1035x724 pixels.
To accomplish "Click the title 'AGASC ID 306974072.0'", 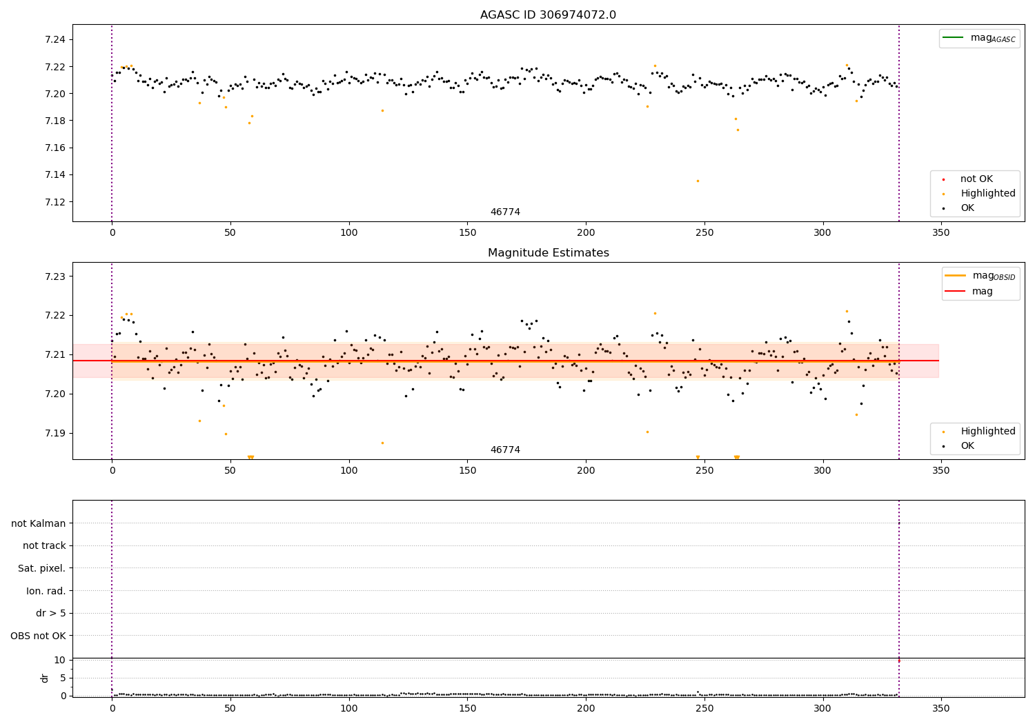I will click(x=548, y=15).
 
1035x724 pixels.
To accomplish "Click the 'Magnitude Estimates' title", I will click(x=548, y=253).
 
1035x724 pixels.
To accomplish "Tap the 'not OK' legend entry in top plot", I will click(x=976, y=179).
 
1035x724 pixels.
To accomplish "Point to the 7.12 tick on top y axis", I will click(x=56, y=202).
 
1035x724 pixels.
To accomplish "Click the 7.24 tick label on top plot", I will click(x=56, y=39).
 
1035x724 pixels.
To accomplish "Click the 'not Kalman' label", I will click(x=39, y=523).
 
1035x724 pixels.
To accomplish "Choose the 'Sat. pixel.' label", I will click(x=41, y=568).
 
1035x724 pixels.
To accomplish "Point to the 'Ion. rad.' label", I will click(x=46, y=591).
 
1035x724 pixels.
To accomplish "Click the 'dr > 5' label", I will click(x=50, y=613).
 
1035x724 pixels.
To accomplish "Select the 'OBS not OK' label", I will click(x=38, y=636).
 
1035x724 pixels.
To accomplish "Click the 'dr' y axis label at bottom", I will click(x=45, y=678).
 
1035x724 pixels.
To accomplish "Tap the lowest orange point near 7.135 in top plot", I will click(x=698, y=181).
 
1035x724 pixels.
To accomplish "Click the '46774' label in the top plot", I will click(x=505, y=212).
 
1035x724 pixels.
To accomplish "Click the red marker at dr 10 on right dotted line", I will click(x=898, y=661).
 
